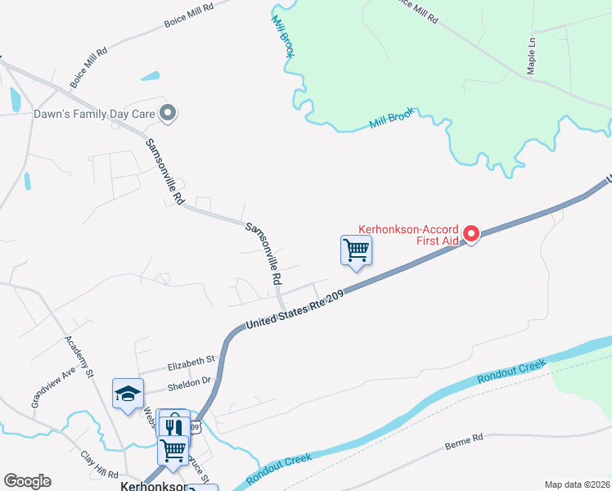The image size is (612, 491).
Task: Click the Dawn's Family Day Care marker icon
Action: (x=168, y=114)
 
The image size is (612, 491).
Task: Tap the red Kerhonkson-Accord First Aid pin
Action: (x=471, y=234)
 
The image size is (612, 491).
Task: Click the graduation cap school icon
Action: (x=128, y=394)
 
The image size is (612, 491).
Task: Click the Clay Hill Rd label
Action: (x=100, y=464)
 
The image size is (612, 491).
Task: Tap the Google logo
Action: (x=27, y=481)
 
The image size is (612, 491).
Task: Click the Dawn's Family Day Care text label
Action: (x=93, y=114)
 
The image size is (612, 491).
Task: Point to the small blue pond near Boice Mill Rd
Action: (x=151, y=77)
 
